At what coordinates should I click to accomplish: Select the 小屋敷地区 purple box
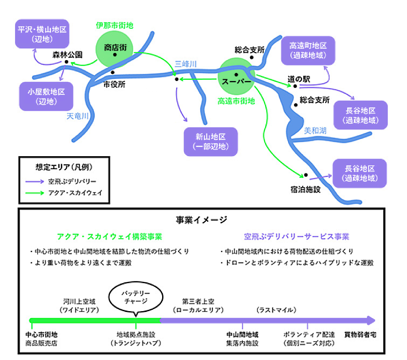[x=46, y=96]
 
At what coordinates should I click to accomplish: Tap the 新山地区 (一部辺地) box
[x=211, y=142]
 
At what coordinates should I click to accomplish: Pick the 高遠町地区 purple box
[x=308, y=50]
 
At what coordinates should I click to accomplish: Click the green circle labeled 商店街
[x=115, y=48]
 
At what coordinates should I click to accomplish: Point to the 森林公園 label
[x=67, y=55]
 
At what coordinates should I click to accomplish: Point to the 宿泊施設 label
[x=305, y=189]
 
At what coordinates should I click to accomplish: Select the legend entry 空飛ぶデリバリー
[x=72, y=182]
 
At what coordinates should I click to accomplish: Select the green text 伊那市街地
[x=114, y=25]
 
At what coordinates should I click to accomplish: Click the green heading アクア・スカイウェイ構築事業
[x=109, y=237]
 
